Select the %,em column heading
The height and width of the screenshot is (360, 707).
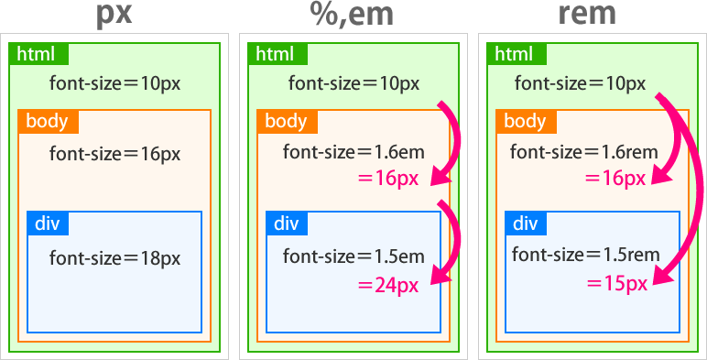(353, 16)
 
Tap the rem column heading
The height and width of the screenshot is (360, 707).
(587, 16)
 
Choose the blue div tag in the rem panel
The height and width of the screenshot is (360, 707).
(525, 223)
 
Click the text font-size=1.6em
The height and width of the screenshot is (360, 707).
(353, 152)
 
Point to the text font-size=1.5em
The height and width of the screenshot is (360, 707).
(353, 255)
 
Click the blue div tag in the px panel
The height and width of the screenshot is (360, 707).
(47, 223)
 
